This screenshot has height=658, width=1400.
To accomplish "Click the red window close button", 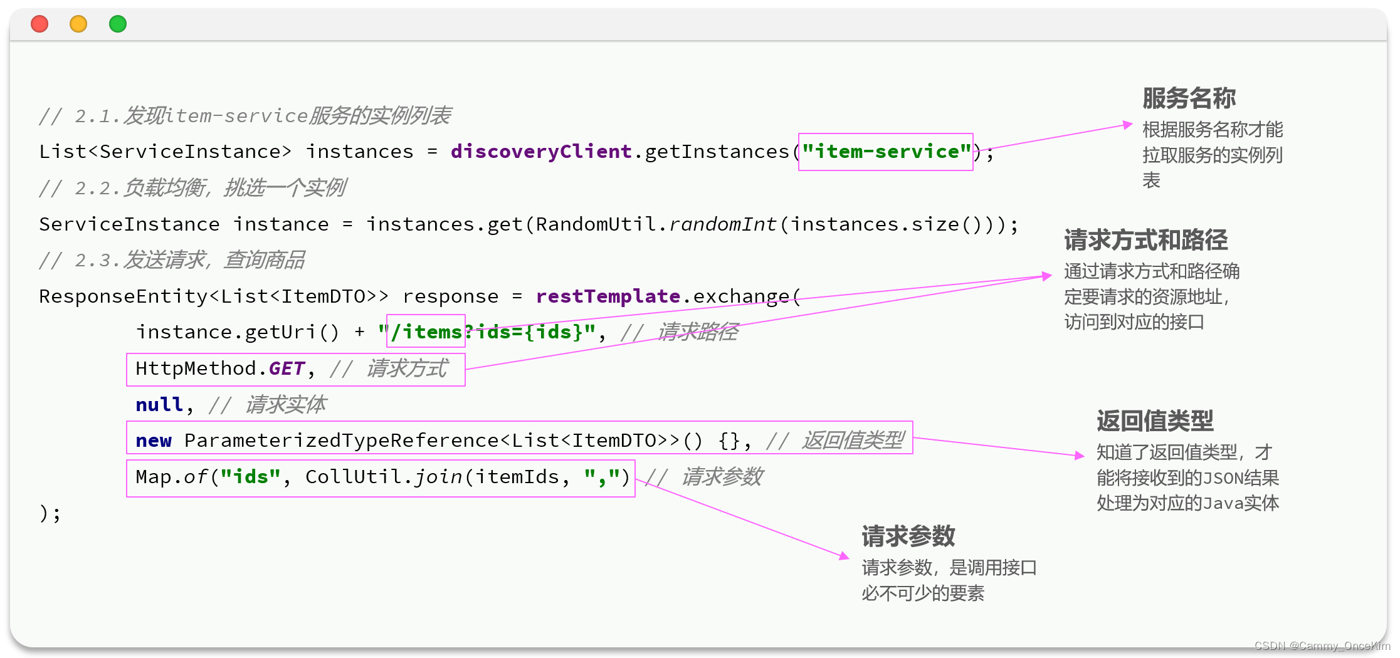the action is (x=39, y=24).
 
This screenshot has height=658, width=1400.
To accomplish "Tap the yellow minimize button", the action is (x=78, y=24).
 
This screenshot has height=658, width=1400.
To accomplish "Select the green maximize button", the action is (x=118, y=24).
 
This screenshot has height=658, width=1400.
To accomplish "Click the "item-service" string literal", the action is (x=886, y=152).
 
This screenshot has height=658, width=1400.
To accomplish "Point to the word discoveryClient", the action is (x=540, y=152).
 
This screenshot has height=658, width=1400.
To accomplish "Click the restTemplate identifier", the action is (x=608, y=296).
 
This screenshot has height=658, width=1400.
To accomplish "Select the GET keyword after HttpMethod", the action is (x=287, y=368).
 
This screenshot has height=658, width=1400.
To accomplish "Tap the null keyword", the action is (x=159, y=405).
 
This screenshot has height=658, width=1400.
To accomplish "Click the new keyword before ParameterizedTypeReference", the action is (x=154, y=441).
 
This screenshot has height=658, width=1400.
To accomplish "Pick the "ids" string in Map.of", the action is (x=250, y=477).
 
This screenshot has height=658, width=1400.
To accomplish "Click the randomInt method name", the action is (x=722, y=224).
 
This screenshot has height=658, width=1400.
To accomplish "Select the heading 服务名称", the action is (x=1189, y=98).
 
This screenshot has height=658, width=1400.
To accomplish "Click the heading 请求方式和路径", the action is (x=1145, y=240).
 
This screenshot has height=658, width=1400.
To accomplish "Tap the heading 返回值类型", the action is (x=1155, y=421).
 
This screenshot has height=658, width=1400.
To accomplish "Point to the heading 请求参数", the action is (x=908, y=536).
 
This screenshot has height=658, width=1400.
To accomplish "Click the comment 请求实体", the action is (x=286, y=405).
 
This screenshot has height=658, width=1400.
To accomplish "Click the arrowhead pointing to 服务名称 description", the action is (x=1128, y=125).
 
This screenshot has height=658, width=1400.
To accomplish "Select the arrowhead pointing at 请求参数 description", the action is (x=845, y=555).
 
